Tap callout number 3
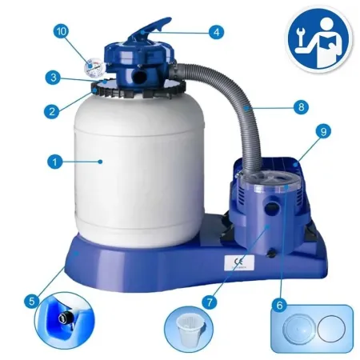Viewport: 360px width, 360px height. click(x=51, y=78)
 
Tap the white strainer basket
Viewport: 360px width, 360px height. click(x=190, y=329)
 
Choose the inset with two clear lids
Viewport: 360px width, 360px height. click(x=307, y=328)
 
